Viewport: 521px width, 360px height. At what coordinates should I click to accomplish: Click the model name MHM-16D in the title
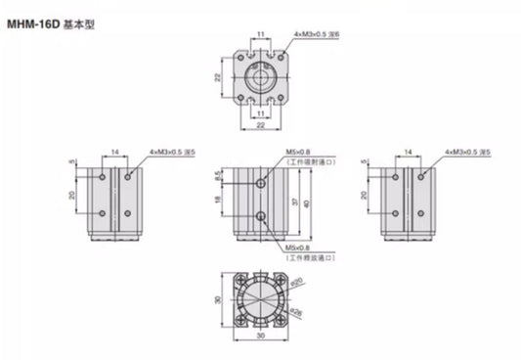pyautogui.click(x=34, y=17)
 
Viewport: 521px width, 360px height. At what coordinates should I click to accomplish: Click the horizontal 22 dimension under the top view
pyautogui.click(x=260, y=125)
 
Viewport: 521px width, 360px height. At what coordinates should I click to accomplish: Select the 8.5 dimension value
pyautogui.click(x=220, y=177)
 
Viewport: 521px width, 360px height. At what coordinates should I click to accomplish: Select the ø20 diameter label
pyautogui.click(x=296, y=285)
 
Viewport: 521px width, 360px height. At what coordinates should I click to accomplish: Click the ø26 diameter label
pyautogui.click(x=296, y=313)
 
